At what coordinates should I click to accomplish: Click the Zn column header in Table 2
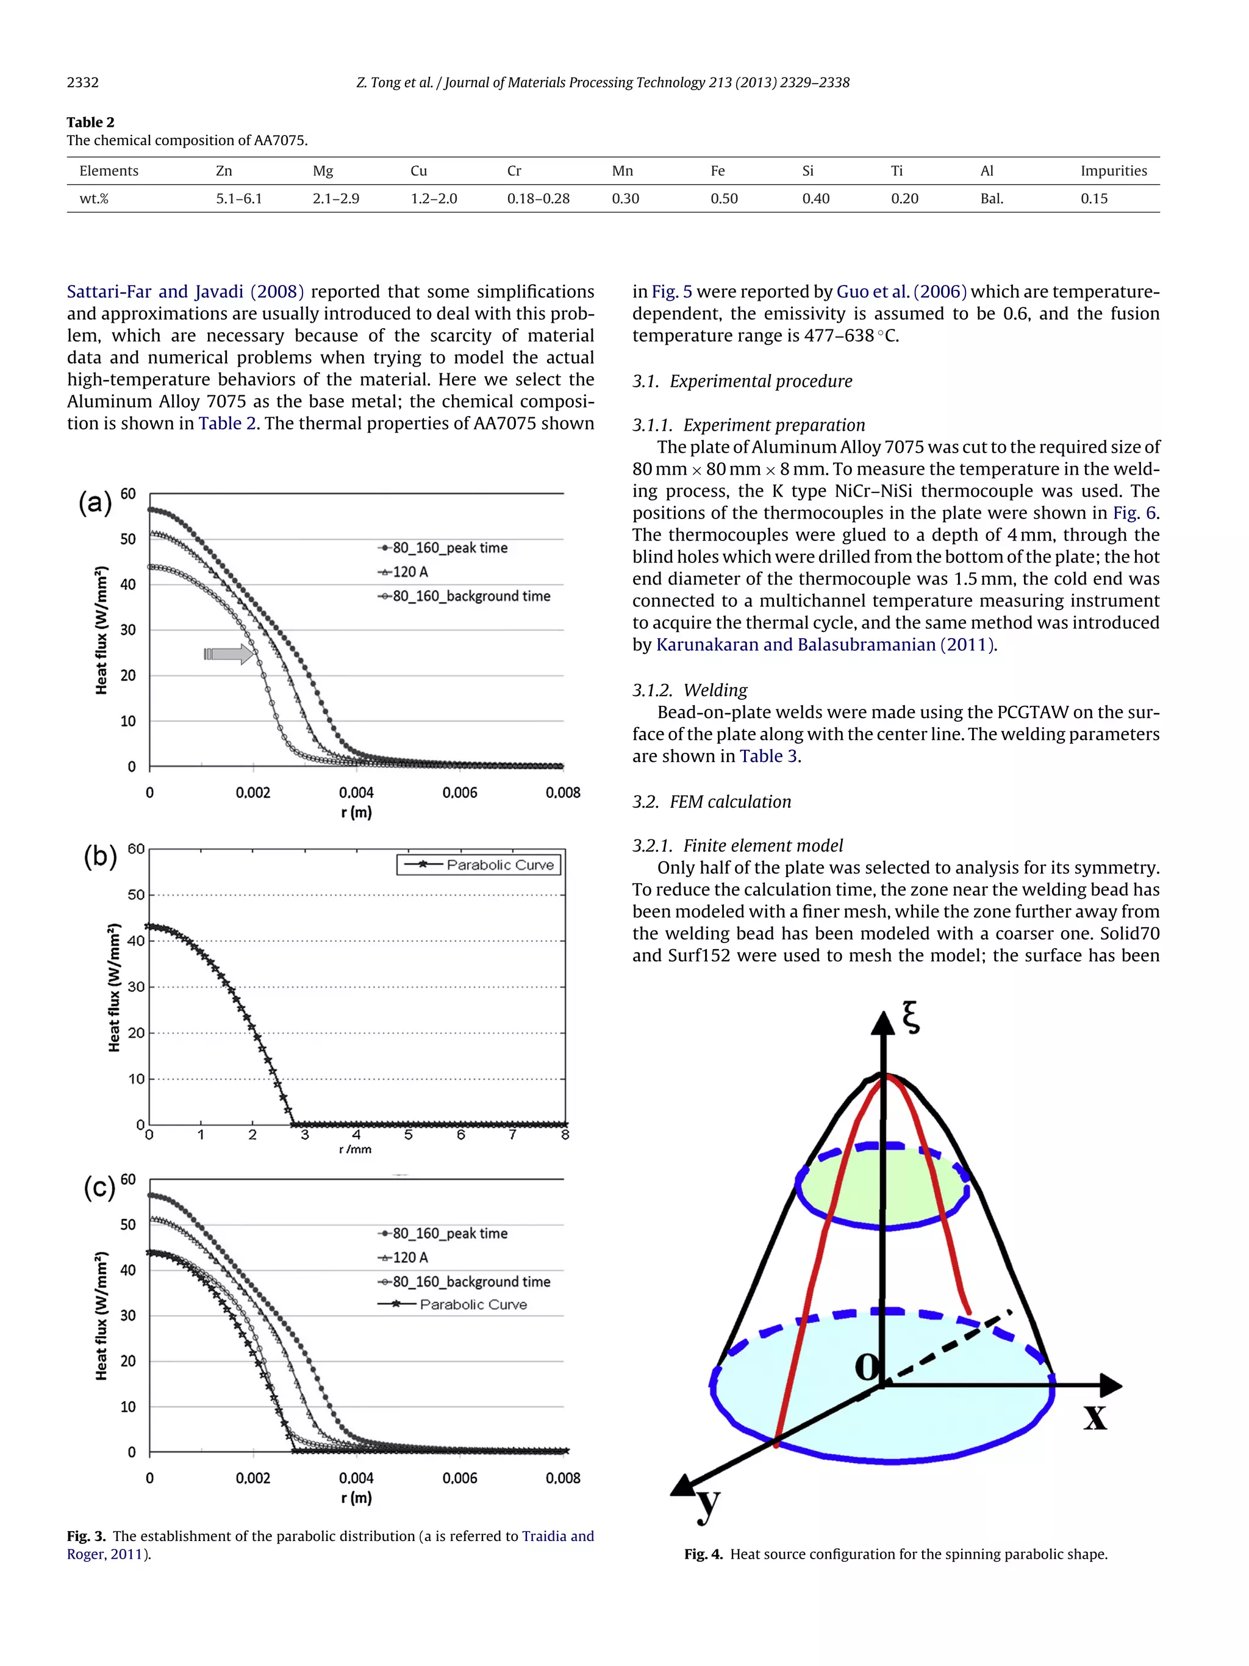pos(224,171)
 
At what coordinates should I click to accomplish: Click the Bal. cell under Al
pos(992,199)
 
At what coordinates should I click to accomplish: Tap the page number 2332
pos(83,82)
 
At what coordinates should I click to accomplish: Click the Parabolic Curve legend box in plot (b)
pos(479,864)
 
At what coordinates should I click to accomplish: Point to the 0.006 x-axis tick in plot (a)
pos(459,792)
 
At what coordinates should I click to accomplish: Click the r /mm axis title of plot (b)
pos(356,1149)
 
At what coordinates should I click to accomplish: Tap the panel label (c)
pos(99,1188)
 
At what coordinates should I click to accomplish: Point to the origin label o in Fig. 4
pos(867,1365)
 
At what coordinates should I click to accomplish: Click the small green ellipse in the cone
pos(882,1188)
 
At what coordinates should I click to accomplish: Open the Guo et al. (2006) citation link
pos(901,292)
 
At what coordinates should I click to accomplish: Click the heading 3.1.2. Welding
pos(690,690)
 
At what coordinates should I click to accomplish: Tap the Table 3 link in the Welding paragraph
pos(768,756)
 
